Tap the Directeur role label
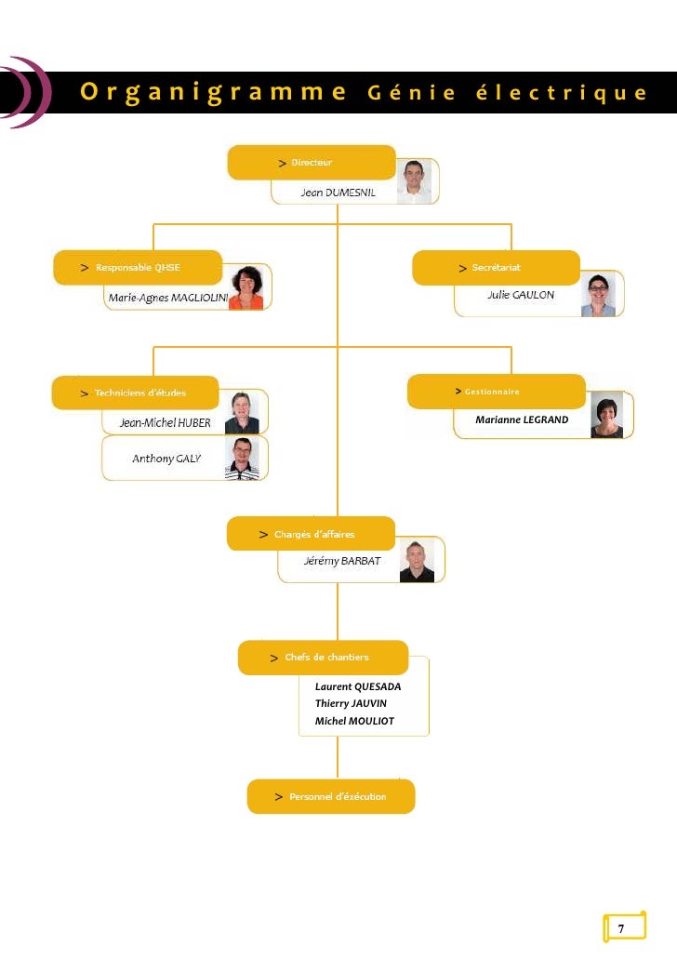(x=312, y=163)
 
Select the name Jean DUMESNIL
(x=338, y=193)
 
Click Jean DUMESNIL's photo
(x=414, y=181)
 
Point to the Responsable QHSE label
(x=138, y=268)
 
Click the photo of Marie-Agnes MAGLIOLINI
(x=246, y=287)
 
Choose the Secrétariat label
(x=496, y=268)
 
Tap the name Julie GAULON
(x=520, y=295)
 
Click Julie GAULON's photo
(x=598, y=294)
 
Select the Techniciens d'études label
(x=139, y=393)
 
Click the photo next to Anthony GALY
(x=242, y=459)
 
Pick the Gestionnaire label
(x=492, y=392)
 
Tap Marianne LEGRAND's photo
(x=606, y=415)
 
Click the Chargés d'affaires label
(x=313, y=535)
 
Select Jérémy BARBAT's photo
(x=417, y=561)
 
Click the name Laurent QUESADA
(x=358, y=686)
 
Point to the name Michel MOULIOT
(x=354, y=721)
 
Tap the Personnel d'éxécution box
(x=331, y=797)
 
